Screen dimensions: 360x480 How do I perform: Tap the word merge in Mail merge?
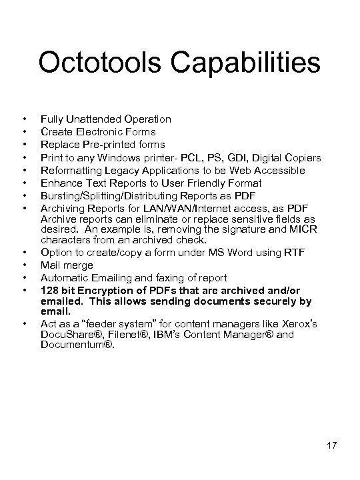79,265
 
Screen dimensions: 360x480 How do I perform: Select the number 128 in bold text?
49,290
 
